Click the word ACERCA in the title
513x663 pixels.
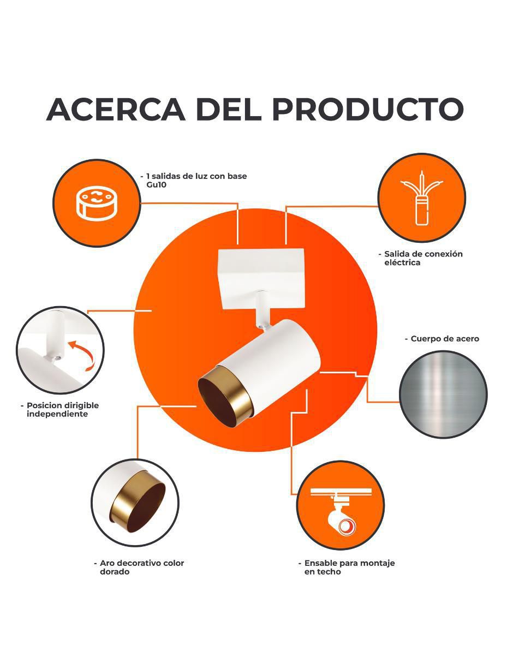pyautogui.click(x=116, y=110)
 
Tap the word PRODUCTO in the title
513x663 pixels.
pyautogui.click(x=368, y=110)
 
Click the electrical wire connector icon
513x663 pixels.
pyautogui.click(x=422, y=198)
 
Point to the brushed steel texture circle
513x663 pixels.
pyautogui.click(x=443, y=395)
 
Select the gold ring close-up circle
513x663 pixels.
pyautogui.click(x=135, y=503)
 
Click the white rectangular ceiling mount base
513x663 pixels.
pyautogui.click(x=261, y=278)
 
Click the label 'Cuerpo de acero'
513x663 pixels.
pyautogui.click(x=442, y=339)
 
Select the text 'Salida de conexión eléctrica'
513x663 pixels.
pyautogui.click(x=421, y=258)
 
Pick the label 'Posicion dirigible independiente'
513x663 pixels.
pyautogui.click(x=60, y=409)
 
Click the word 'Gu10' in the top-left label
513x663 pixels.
pyautogui.click(x=157, y=185)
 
